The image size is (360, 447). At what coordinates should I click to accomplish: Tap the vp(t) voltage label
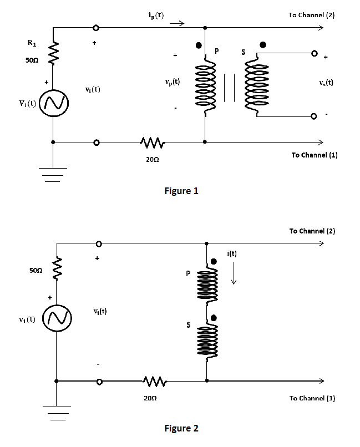(x=172, y=82)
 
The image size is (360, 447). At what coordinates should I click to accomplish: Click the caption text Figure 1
(x=181, y=191)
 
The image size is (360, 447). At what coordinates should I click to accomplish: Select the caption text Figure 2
(x=181, y=428)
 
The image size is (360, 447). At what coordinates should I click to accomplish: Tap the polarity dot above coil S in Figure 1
(x=263, y=44)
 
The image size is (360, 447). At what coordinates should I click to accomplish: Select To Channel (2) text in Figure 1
(x=311, y=15)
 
